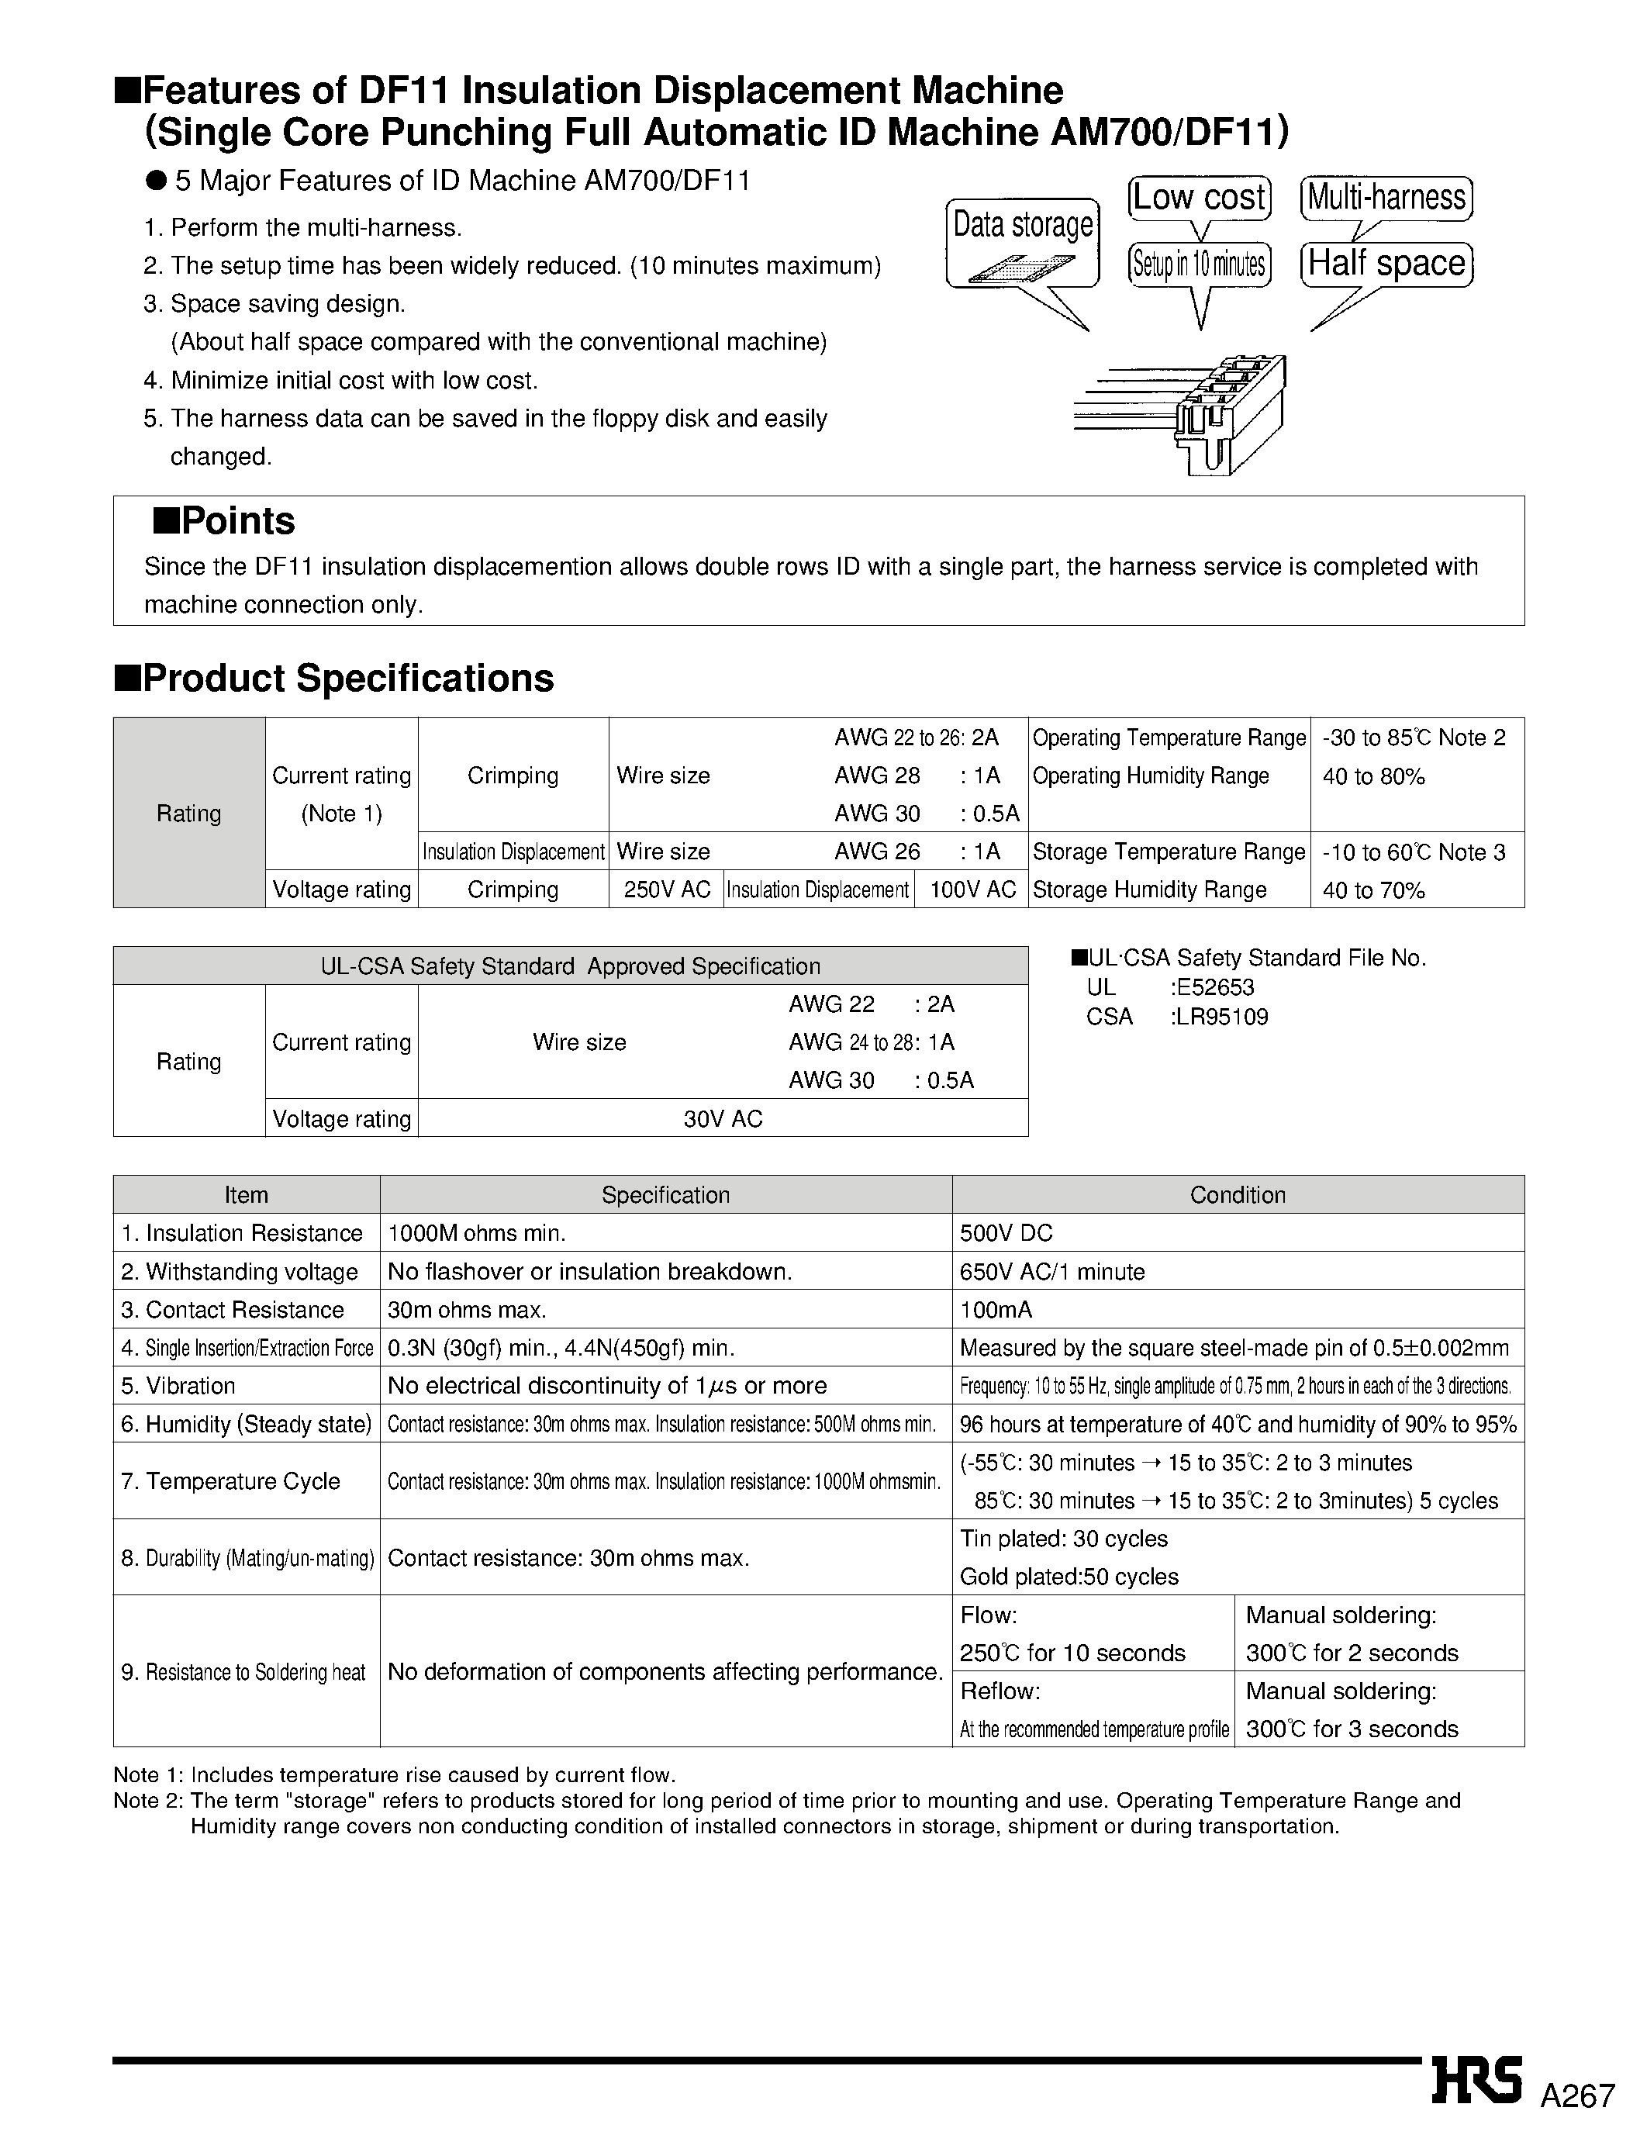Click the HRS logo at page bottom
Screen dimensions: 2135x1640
coord(1477,2081)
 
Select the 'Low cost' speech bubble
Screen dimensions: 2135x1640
coord(1200,199)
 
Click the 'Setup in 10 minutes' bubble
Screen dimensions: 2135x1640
coord(1200,264)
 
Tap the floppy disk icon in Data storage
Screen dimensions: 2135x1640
coord(1021,268)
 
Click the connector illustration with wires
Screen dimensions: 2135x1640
coord(1191,415)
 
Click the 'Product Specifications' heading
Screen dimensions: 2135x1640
coord(334,679)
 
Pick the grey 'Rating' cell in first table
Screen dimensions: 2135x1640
coord(188,814)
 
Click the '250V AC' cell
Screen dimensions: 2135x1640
coord(667,890)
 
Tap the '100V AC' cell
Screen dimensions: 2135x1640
coord(972,890)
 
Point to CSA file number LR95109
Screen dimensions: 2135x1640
coord(1222,1017)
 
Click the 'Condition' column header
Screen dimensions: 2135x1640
coord(1237,1195)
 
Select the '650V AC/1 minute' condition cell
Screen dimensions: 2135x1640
coord(1052,1272)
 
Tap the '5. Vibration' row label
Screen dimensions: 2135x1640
coord(178,1386)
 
